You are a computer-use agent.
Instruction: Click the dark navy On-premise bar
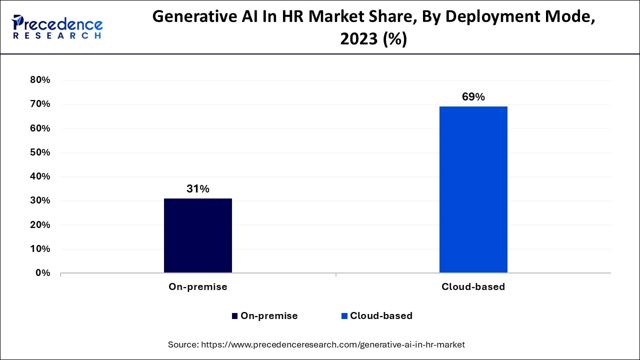[198, 235]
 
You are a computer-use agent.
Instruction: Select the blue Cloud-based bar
[473, 189]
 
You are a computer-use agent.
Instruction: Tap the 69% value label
[473, 97]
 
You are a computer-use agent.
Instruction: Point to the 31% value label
[198, 189]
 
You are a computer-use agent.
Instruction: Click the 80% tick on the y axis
[40, 80]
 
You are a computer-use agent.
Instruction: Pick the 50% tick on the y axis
[40, 152]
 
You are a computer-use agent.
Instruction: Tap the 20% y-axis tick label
[40, 225]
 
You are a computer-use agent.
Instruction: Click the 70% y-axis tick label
[40, 104]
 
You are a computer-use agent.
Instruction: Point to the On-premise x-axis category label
[198, 287]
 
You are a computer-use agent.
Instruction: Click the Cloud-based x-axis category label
[473, 287]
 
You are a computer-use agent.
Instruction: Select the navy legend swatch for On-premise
[234, 316]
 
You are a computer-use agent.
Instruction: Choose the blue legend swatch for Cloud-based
[344, 316]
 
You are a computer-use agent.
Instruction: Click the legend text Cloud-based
[381, 316]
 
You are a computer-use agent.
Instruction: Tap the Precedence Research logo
[57, 27]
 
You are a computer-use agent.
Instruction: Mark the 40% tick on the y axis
[40, 176]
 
